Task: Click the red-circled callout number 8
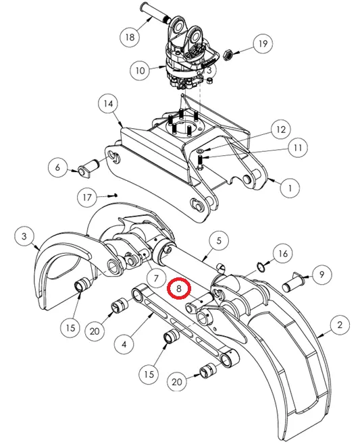[179, 289]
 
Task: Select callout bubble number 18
[130, 36]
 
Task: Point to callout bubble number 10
[140, 70]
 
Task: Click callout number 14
[108, 104]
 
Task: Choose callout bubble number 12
[281, 130]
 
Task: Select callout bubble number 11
[298, 148]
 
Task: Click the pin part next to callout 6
[88, 168]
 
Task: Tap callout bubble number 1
[290, 188]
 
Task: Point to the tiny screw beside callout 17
[113, 195]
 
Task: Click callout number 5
[219, 241]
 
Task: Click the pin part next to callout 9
[293, 282]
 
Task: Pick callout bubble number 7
[156, 279]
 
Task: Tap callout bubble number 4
[124, 344]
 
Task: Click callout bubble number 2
[340, 325]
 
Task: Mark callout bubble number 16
[283, 254]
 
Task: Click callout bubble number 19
[263, 43]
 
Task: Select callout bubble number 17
[87, 197]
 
